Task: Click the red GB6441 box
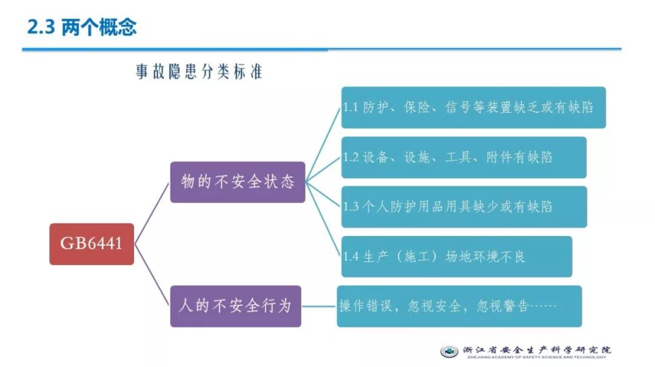[x=92, y=244]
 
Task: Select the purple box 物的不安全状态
[x=238, y=181]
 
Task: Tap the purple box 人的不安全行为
[x=235, y=306]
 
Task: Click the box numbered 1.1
[x=473, y=107]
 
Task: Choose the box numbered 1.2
[x=463, y=157]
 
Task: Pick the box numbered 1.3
[x=463, y=206]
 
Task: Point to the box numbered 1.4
[x=456, y=256]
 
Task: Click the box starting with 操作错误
[x=459, y=306]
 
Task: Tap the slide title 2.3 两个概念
[x=82, y=27]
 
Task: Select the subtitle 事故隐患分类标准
[x=199, y=72]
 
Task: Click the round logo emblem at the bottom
[x=449, y=351]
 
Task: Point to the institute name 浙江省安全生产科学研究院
[x=537, y=350]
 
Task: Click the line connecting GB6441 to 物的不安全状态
[x=152, y=213]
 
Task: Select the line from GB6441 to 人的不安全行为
[x=152, y=275]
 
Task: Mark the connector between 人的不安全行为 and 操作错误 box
[x=319, y=306]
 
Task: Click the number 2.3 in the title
[x=41, y=27]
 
